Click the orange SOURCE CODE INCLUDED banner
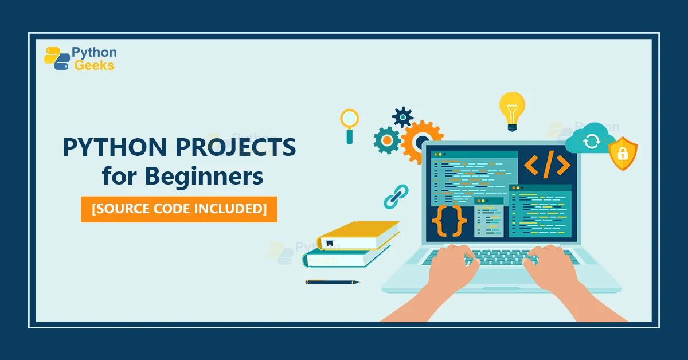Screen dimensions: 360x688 (x=179, y=209)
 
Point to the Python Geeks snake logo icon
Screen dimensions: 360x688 (x=57, y=58)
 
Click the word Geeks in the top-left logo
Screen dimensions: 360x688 (x=95, y=65)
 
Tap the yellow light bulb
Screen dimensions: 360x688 (x=511, y=109)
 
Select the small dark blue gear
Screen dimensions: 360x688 (x=402, y=116)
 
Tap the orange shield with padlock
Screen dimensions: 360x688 (x=622, y=153)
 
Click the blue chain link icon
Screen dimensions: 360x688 (x=395, y=195)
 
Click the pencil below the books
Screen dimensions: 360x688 (x=332, y=282)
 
